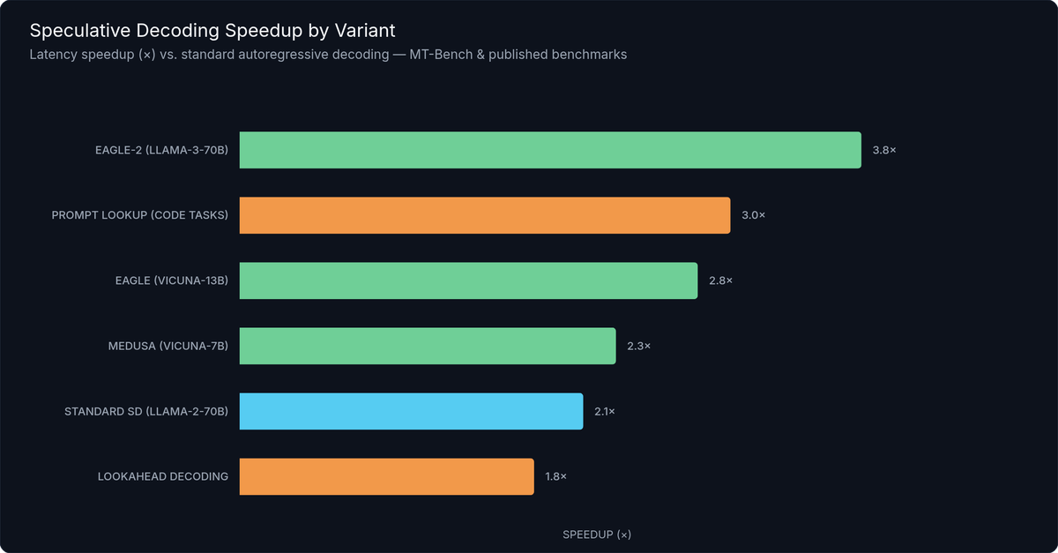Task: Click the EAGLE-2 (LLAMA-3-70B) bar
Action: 550,150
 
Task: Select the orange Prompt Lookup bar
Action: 485,215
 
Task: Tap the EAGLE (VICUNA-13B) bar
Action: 468,280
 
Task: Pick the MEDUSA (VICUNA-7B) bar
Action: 428,346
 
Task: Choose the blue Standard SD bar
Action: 411,411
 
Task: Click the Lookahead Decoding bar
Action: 386,476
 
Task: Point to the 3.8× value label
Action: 884,150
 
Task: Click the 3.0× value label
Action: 753,215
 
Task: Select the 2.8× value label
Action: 720,280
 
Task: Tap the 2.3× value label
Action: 638,346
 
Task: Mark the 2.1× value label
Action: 605,411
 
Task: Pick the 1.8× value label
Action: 555,476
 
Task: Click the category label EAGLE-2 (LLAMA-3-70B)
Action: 161,150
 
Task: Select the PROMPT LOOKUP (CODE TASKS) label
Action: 139,215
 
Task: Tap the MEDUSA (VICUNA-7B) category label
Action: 168,346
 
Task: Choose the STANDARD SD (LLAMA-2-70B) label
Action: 146,411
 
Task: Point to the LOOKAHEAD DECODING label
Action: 162,476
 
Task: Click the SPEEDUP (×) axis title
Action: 597,534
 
